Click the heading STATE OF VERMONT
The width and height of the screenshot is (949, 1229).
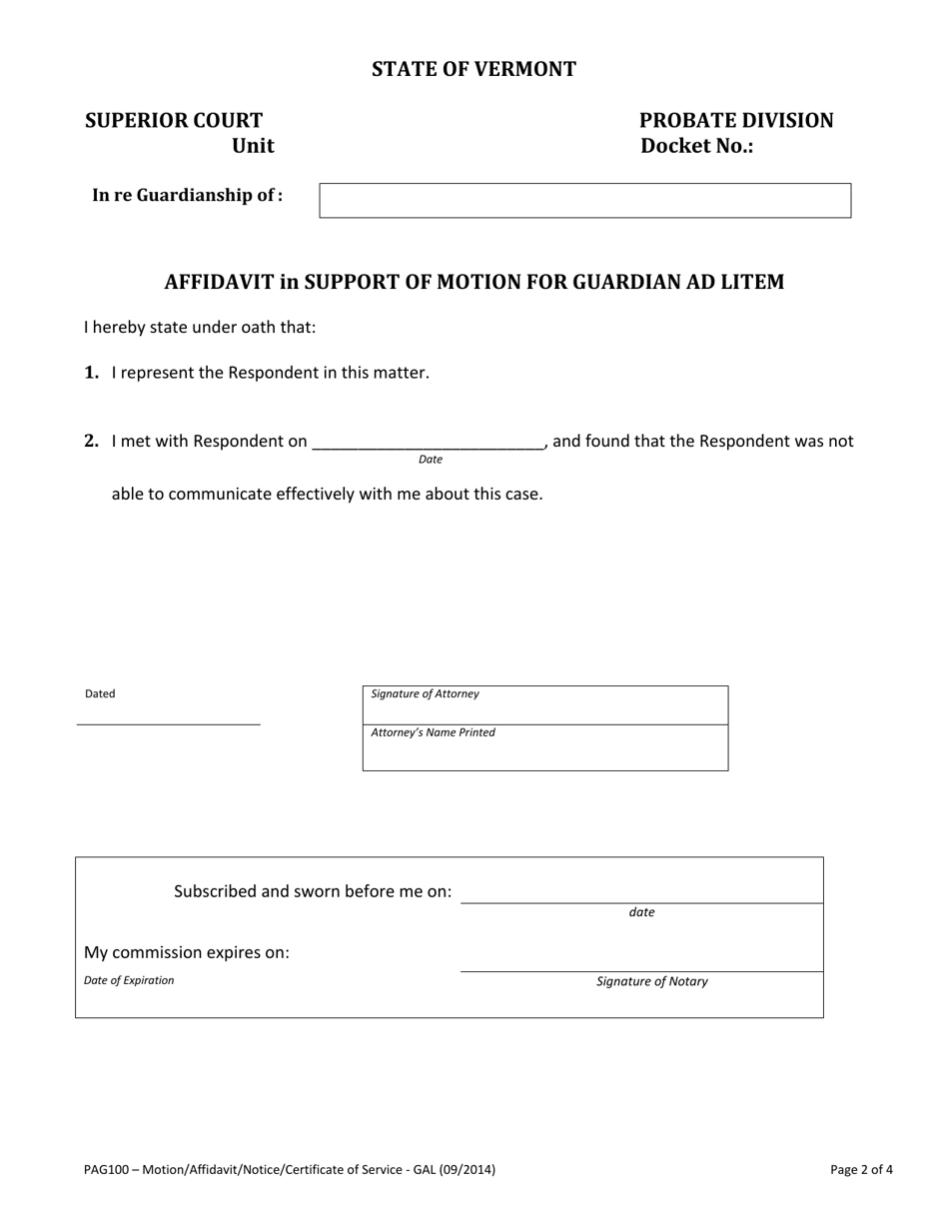tap(474, 69)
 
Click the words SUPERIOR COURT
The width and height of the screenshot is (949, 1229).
tap(174, 121)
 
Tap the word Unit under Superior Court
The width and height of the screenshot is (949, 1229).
tap(253, 146)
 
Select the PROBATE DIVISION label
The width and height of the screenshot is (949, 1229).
tap(736, 121)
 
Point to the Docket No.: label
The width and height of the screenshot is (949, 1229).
tap(697, 146)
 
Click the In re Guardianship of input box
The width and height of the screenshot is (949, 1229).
tap(584, 200)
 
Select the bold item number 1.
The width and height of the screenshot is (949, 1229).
tap(92, 373)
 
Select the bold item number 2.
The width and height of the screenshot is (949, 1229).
tap(92, 441)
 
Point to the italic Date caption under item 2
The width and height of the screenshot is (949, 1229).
tap(431, 460)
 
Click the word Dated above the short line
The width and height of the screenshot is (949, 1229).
tap(100, 693)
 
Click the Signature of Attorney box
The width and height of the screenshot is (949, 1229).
tap(545, 705)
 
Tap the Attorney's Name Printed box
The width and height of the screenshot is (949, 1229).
tap(545, 748)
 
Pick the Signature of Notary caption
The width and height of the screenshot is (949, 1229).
tap(652, 981)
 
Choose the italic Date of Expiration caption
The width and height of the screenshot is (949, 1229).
tap(129, 980)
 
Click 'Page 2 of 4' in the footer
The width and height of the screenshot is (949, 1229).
tap(861, 1169)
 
